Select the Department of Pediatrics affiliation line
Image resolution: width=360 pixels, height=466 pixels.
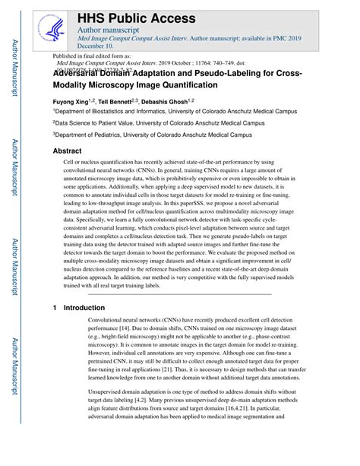[x=152, y=135]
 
